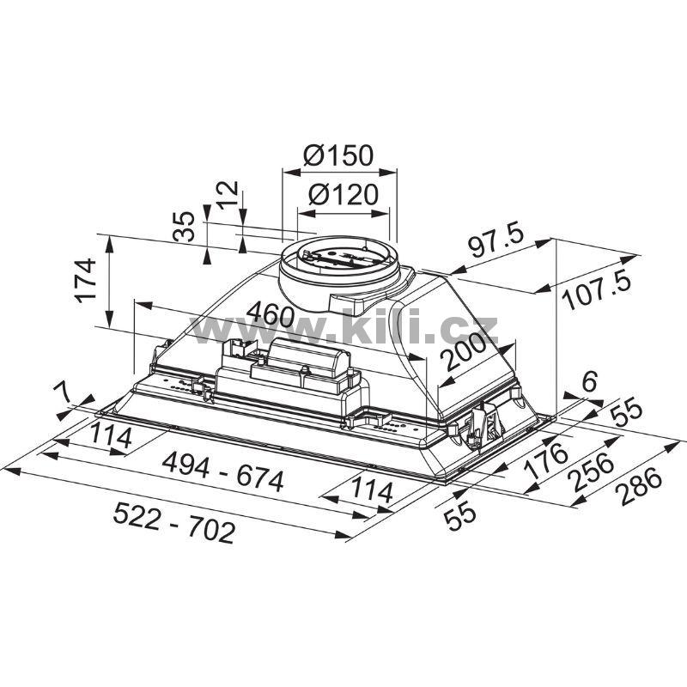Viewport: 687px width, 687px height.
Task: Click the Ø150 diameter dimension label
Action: pyautogui.click(x=337, y=155)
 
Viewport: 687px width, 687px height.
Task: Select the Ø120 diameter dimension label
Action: pyautogui.click(x=343, y=195)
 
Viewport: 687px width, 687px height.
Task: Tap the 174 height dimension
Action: pyautogui.click(x=85, y=281)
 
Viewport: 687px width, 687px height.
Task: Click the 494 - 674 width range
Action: pyautogui.click(x=223, y=471)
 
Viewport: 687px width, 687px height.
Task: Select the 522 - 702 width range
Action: pyautogui.click(x=174, y=523)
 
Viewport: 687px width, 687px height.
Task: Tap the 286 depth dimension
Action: pyautogui.click(x=641, y=486)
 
